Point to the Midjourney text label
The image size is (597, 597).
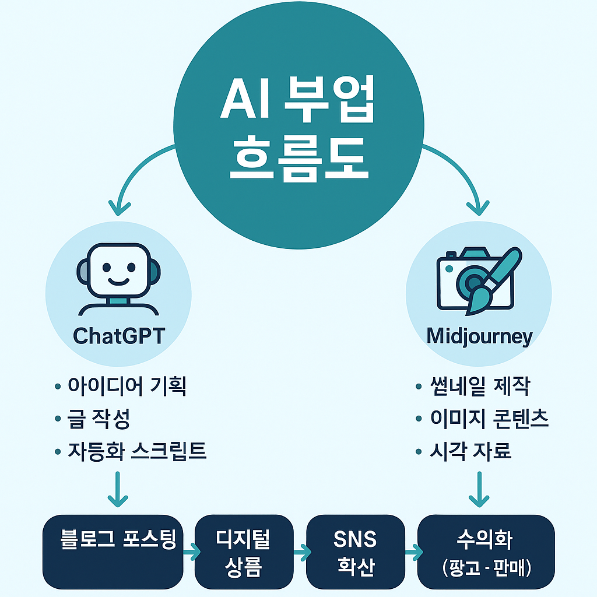[479, 336]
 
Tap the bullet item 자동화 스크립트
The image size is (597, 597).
[137, 451]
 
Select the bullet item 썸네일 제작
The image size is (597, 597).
[479, 386]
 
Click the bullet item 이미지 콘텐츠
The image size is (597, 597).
[489, 419]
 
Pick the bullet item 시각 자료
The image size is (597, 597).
[470, 451]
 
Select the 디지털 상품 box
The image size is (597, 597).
[244, 551]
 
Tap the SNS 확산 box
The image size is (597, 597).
[356, 551]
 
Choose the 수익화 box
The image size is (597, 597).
[486, 551]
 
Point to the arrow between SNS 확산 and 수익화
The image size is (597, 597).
[413, 551]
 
